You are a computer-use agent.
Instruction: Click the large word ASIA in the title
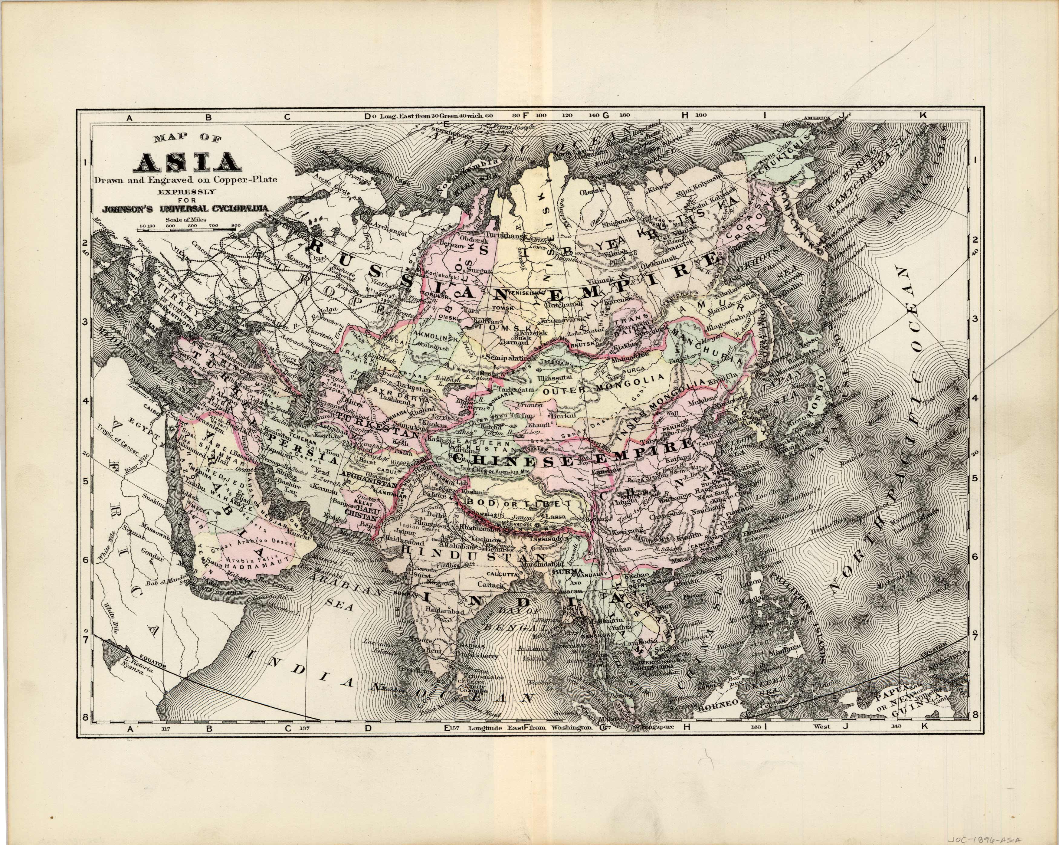point(189,162)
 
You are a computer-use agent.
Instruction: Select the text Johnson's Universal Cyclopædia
point(185,209)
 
